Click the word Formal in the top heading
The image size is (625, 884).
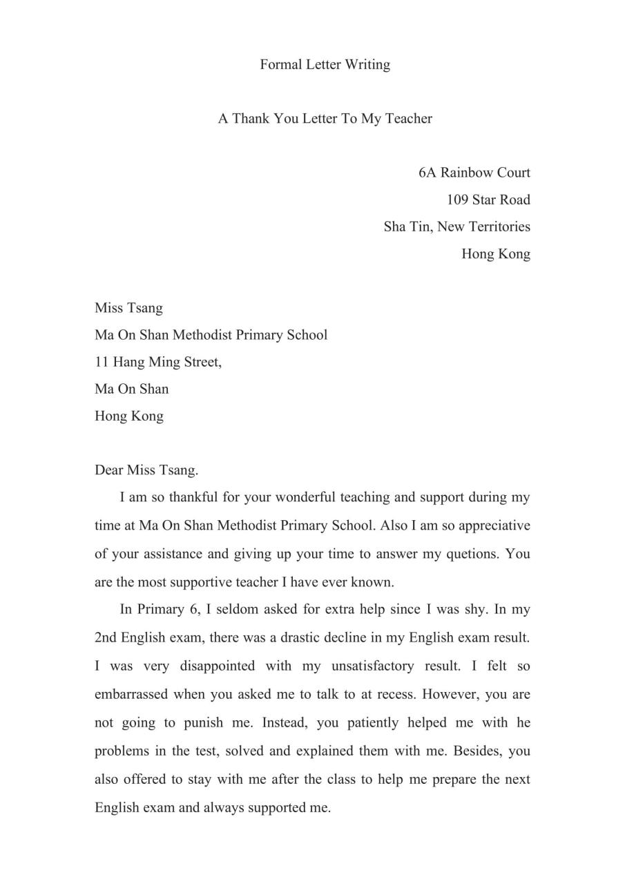click(281, 64)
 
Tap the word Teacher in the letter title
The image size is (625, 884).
click(409, 118)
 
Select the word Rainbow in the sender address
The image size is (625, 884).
click(467, 172)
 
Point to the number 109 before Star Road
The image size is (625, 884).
click(458, 200)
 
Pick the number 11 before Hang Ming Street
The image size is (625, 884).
click(102, 362)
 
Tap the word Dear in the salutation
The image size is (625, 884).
click(108, 470)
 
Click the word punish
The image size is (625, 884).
click(203, 722)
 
